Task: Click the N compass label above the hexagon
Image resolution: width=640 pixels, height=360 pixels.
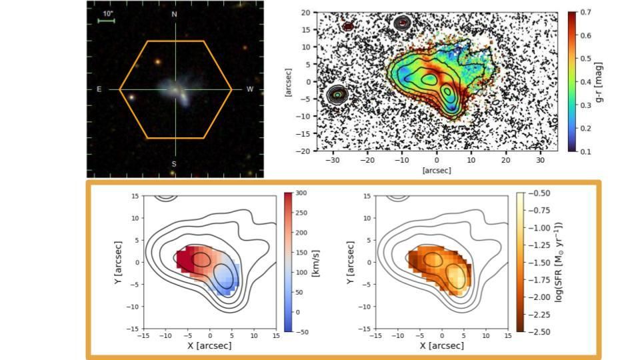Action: (x=175, y=14)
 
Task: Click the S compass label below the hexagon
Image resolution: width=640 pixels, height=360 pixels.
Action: (x=175, y=164)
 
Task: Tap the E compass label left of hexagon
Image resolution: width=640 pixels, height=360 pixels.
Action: (x=99, y=89)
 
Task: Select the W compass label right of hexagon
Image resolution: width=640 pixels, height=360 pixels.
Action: (x=250, y=89)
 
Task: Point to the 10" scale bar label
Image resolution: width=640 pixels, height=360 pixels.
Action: (x=108, y=13)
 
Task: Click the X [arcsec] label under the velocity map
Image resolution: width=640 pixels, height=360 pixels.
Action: (x=210, y=346)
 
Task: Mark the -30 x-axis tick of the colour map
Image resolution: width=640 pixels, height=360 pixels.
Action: (x=333, y=161)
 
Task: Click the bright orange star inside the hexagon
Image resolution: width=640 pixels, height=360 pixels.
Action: (x=158, y=61)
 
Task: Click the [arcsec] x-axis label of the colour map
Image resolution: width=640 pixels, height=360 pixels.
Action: (x=437, y=171)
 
